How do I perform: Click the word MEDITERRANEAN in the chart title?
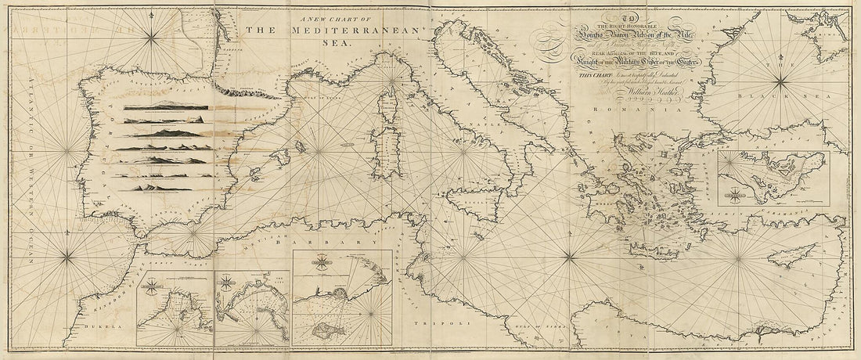pyautogui.click(x=357, y=31)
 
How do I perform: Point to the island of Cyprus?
pyautogui.click(x=787, y=255)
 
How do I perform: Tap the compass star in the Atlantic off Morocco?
pyautogui.click(x=67, y=254)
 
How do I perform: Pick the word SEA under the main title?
pyautogui.click(x=333, y=45)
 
